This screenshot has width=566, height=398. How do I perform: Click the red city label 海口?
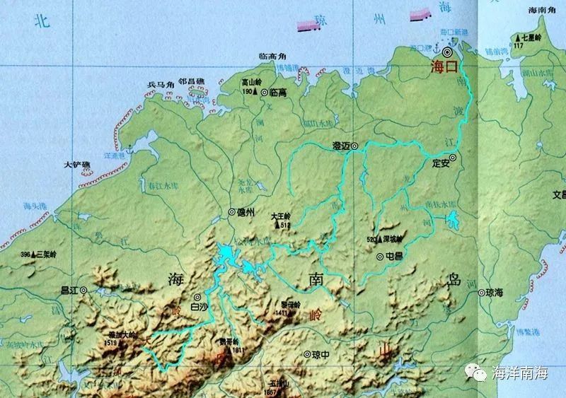[445, 68]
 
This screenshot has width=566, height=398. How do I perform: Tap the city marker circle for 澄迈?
[356, 146]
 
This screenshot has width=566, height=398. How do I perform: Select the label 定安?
[441, 162]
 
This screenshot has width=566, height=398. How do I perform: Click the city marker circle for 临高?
[264, 92]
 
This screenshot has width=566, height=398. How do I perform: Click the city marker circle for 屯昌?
[380, 257]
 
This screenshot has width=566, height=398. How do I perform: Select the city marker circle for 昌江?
[83, 290]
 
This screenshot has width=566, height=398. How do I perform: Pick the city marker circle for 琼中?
[306, 354]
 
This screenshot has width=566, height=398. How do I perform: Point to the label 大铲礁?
[77, 165]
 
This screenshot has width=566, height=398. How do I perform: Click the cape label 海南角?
[543, 11]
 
